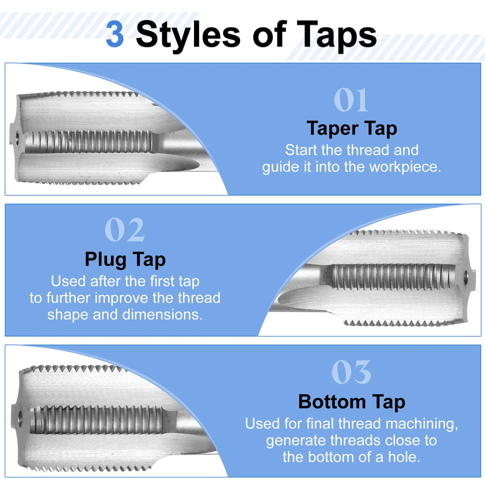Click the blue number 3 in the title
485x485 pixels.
coord(115,34)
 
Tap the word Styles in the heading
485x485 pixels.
coord(188,35)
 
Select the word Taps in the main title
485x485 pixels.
coord(337,35)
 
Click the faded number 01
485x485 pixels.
coord(351,100)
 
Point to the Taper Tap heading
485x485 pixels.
coord(352,129)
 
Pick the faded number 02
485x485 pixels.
coord(124,230)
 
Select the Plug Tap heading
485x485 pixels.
coord(125,259)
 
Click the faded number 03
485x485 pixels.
coord(351,372)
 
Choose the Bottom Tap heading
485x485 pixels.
coord(352,402)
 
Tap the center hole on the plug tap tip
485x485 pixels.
coord(466,276)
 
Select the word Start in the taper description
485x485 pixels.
coord(301,150)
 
